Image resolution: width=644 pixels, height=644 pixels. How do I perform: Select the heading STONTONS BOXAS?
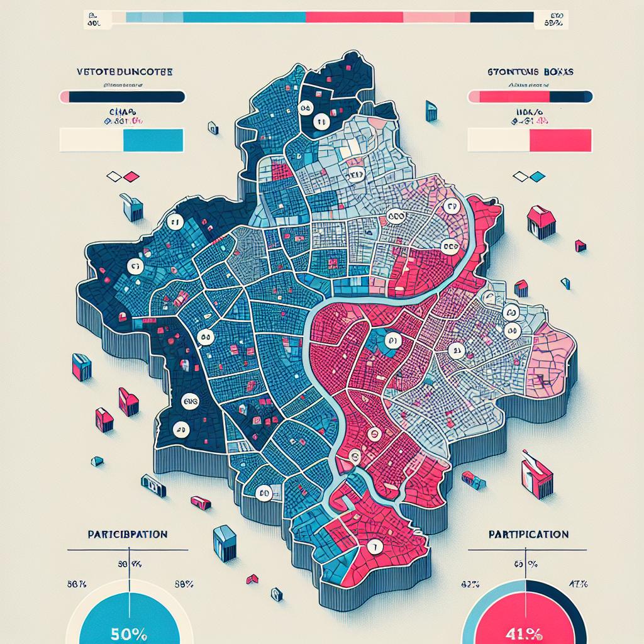click(x=530, y=72)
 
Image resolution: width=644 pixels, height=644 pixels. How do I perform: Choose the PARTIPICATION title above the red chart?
click(x=528, y=534)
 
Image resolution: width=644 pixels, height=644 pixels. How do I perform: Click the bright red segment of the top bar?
click(x=353, y=17)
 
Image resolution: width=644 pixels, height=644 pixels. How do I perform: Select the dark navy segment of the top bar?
click(x=501, y=17)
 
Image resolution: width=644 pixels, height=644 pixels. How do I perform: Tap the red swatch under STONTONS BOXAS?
click(x=561, y=140)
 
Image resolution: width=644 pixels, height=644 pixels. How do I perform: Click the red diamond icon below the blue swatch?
click(x=131, y=177)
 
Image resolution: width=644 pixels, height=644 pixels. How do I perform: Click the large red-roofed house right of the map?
click(x=541, y=221)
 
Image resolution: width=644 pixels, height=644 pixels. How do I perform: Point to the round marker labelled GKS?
click(x=189, y=400)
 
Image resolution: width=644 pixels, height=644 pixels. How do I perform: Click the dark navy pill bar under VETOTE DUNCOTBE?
click(x=126, y=97)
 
